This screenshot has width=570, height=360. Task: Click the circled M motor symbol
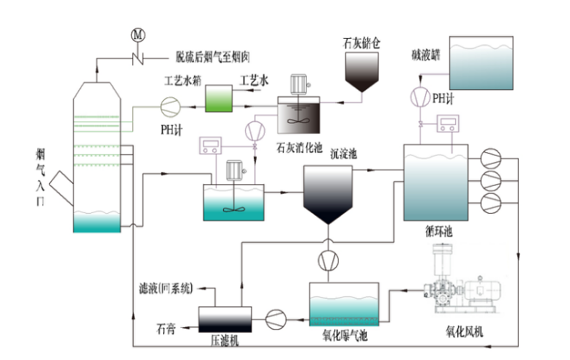(x=137, y=34)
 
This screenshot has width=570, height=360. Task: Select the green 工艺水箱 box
(x=217, y=99)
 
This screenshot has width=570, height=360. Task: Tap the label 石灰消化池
(x=299, y=147)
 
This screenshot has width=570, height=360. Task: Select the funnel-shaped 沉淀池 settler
(x=329, y=192)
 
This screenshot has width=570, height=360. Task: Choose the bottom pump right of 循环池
(x=489, y=202)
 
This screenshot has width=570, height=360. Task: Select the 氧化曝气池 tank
(x=345, y=303)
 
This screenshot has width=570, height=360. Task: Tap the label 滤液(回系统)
(x=165, y=288)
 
